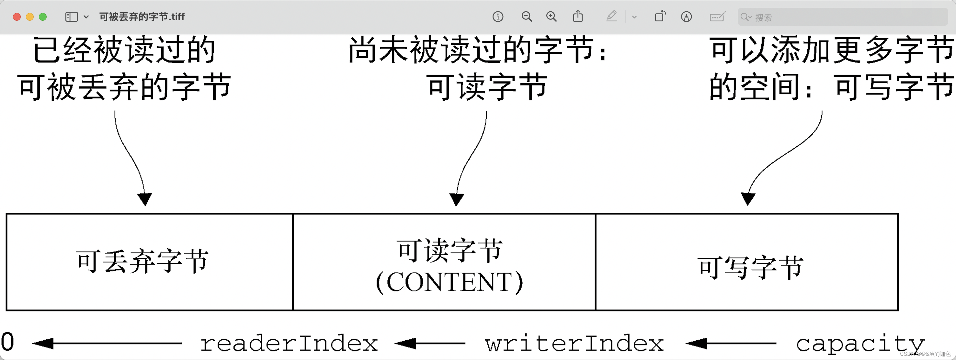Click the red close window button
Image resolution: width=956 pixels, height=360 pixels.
point(17,17)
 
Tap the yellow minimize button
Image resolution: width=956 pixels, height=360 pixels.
point(30,17)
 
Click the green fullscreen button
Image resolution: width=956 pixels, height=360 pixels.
point(43,17)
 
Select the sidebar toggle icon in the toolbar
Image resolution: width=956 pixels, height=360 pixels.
point(71,17)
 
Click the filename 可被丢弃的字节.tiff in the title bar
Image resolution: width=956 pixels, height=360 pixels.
point(142,17)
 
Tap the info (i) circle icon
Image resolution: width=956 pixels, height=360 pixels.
point(498,17)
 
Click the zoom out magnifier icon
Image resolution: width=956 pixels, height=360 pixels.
point(526,17)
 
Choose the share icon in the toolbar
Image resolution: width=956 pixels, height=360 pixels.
point(578,17)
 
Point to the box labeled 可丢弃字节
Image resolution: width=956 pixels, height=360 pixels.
point(149,262)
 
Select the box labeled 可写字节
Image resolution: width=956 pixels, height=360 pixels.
point(747,262)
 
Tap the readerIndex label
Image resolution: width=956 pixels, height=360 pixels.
point(289,343)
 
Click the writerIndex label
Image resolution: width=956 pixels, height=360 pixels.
point(574,343)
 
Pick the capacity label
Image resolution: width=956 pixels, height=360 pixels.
point(859,343)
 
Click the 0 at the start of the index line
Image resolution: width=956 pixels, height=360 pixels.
point(7,342)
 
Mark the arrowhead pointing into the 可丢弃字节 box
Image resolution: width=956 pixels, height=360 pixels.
point(145,199)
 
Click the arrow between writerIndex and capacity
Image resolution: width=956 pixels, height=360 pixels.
point(730,343)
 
